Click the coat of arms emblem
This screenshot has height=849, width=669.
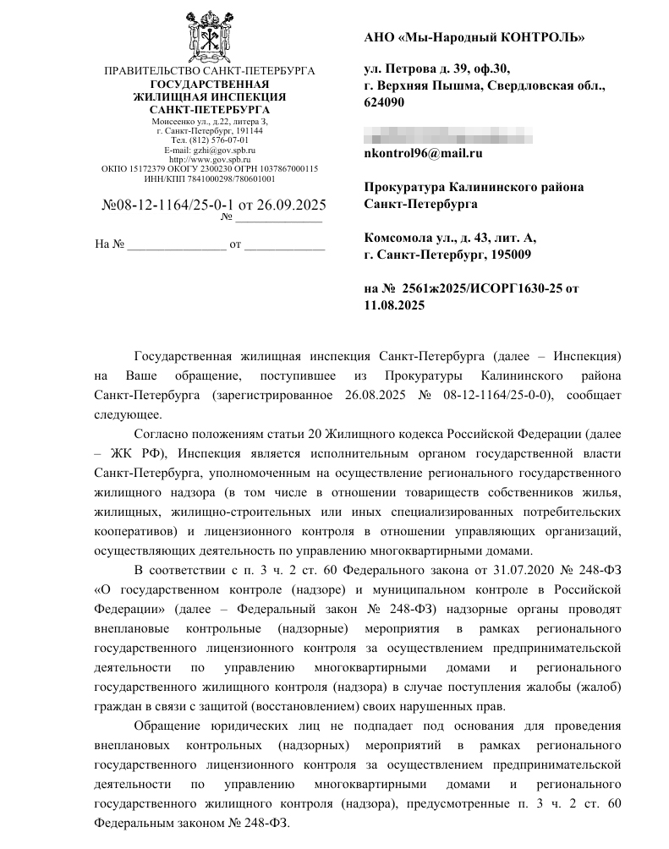(210, 34)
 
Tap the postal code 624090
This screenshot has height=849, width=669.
(384, 102)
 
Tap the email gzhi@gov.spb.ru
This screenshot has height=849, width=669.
(221, 150)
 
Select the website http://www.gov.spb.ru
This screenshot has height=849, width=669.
(210, 159)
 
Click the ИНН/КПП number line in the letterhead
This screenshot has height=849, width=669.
(210, 178)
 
